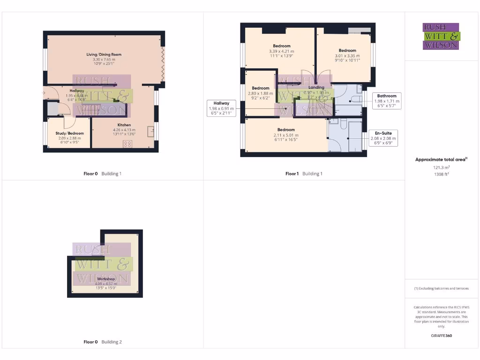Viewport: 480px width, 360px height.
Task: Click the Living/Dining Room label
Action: coord(104,55)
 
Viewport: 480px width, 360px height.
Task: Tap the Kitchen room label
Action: coord(124,125)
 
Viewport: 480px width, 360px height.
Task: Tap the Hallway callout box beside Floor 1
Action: coord(221,108)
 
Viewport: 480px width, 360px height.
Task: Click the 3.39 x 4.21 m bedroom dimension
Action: coord(281,51)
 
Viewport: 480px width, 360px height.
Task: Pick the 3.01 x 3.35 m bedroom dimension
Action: coord(347,55)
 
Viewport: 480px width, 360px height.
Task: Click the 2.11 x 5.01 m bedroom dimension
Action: coord(285,135)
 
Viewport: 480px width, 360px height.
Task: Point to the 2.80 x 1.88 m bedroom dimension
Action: coord(260,93)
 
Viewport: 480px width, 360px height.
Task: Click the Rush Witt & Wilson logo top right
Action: coord(441,36)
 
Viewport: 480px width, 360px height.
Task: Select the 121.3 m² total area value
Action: coord(441,167)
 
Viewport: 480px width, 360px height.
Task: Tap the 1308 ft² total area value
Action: coord(441,173)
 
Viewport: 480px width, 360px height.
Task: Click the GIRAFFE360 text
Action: coord(441,336)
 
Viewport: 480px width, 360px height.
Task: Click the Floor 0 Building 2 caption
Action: coord(102,342)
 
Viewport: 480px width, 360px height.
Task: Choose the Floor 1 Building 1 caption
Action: coord(304,174)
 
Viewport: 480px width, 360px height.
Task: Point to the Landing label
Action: coord(316,87)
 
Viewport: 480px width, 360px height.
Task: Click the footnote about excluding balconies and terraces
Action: coord(441,288)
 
